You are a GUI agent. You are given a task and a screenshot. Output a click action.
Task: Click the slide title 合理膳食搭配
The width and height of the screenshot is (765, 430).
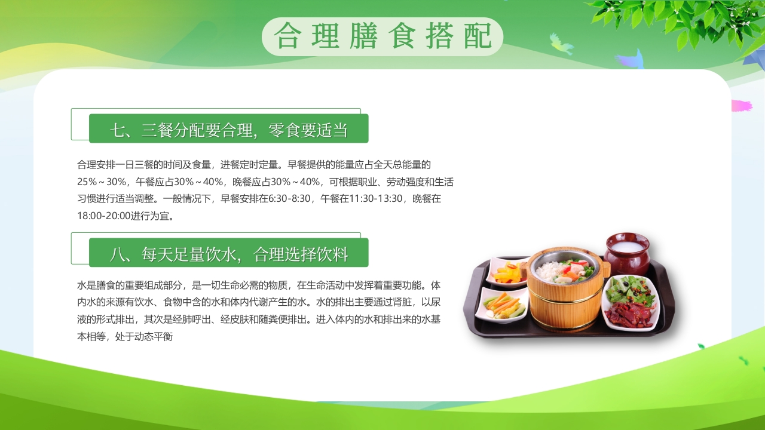point(382,36)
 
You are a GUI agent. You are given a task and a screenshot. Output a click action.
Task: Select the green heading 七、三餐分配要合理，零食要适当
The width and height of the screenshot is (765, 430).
point(228,129)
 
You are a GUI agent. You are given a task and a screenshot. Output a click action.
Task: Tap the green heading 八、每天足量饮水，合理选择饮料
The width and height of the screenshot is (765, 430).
point(228,253)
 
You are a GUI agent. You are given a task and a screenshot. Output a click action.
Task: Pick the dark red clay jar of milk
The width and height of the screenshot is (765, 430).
point(626,253)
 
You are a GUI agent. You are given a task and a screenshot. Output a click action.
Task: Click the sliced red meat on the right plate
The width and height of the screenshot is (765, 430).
point(629,314)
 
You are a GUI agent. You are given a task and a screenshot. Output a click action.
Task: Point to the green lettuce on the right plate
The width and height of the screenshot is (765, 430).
point(631,288)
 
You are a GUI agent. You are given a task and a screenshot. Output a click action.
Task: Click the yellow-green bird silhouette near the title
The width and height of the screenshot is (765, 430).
point(561,44)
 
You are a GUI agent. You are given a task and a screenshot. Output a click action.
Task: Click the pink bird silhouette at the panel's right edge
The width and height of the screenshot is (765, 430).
point(742,106)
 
